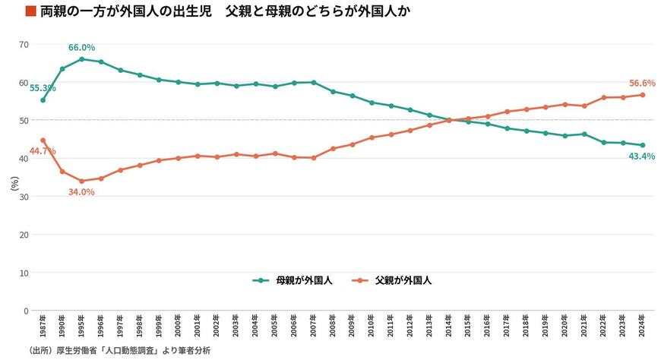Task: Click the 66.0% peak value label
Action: tap(81, 48)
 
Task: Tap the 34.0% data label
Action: tap(81, 192)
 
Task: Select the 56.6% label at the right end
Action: tap(642, 84)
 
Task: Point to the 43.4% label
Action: tap(641, 156)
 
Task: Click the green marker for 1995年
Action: tap(82, 59)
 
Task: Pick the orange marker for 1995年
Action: tap(82, 182)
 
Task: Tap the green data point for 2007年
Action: tap(314, 83)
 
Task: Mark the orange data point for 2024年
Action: tap(643, 95)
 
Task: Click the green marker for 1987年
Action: tap(43, 100)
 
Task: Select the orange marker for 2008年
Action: tap(333, 149)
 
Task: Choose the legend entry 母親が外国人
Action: tap(293, 281)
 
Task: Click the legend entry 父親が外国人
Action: tap(392, 281)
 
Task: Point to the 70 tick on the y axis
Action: tap(24, 45)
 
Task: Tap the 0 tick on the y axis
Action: tap(26, 311)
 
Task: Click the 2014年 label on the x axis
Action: tap(449, 326)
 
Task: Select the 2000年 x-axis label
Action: tap(179, 326)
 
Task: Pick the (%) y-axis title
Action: tap(14, 183)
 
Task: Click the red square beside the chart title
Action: tap(31, 11)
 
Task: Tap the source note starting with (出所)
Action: tap(119, 350)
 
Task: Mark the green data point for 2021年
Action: tap(584, 134)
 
